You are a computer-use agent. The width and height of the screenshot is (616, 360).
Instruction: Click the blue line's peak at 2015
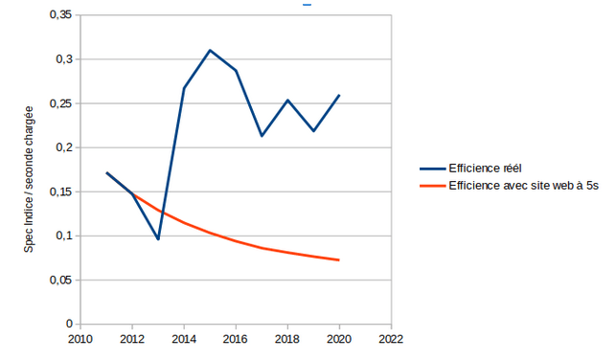210,50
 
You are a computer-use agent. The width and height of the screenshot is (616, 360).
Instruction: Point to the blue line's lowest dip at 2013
158,239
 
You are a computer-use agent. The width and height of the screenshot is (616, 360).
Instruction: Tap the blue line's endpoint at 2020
339,95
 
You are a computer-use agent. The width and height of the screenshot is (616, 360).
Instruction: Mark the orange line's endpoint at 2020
338,259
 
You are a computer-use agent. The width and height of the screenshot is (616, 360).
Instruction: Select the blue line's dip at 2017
262,136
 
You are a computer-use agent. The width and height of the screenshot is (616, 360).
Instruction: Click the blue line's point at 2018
287,101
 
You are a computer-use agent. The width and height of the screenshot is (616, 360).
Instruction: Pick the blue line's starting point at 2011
107,172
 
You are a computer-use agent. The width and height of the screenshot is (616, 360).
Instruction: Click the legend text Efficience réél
485,169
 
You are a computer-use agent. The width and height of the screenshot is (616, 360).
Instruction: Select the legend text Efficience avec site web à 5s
524,186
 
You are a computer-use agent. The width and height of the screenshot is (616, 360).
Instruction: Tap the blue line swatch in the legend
432,169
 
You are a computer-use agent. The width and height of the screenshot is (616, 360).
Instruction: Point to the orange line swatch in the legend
432,186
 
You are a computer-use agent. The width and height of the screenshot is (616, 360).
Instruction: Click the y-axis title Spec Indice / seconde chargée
29,179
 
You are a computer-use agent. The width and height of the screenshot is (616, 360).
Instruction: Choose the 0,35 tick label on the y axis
61,15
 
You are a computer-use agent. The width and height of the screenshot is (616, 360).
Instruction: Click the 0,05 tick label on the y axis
61,281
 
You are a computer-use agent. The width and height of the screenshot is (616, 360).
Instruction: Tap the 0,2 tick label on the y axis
64,147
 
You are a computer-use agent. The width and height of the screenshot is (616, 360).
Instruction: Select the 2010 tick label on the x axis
80,339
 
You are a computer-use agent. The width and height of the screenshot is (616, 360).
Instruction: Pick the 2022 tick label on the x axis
391,339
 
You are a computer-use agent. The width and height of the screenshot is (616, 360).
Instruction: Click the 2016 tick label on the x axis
236,339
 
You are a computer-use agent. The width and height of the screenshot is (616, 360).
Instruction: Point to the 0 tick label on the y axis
70,324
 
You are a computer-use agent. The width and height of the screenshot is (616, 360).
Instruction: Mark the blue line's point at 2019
313,131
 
